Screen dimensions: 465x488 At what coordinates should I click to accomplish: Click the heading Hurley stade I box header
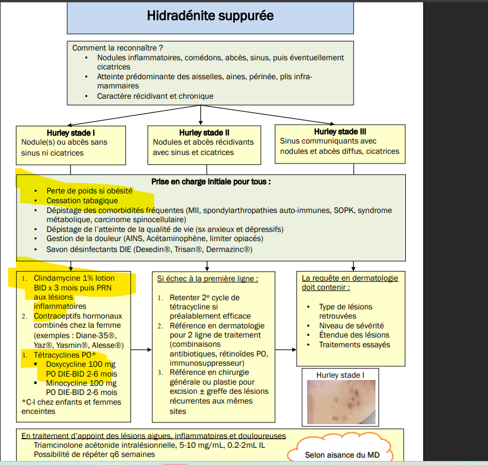70,133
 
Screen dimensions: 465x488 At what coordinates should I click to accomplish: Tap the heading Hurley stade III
336,131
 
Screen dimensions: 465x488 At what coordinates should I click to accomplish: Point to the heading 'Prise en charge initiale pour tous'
211,181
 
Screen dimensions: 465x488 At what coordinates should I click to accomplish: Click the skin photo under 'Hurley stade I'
339,402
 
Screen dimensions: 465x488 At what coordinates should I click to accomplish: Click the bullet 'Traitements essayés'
354,344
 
